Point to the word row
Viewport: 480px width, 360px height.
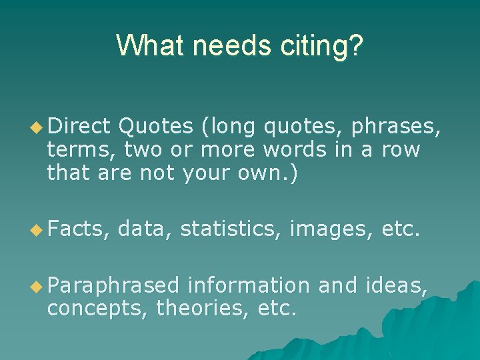click(x=401, y=149)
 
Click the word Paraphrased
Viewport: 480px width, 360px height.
click(x=113, y=287)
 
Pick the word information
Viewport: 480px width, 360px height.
click(x=249, y=287)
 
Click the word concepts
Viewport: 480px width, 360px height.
click(x=97, y=309)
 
